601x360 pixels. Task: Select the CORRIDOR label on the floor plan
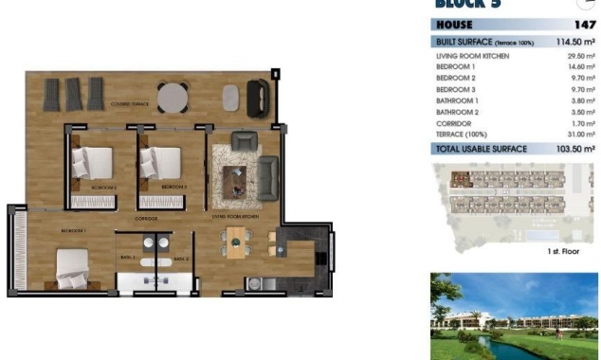(146, 219)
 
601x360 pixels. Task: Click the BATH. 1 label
(128, 258)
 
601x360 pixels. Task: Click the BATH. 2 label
(181, 258)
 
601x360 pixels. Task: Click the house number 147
(586, 26)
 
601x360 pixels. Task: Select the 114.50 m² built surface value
(574, 43)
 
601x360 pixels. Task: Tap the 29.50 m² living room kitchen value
(578, 57)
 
